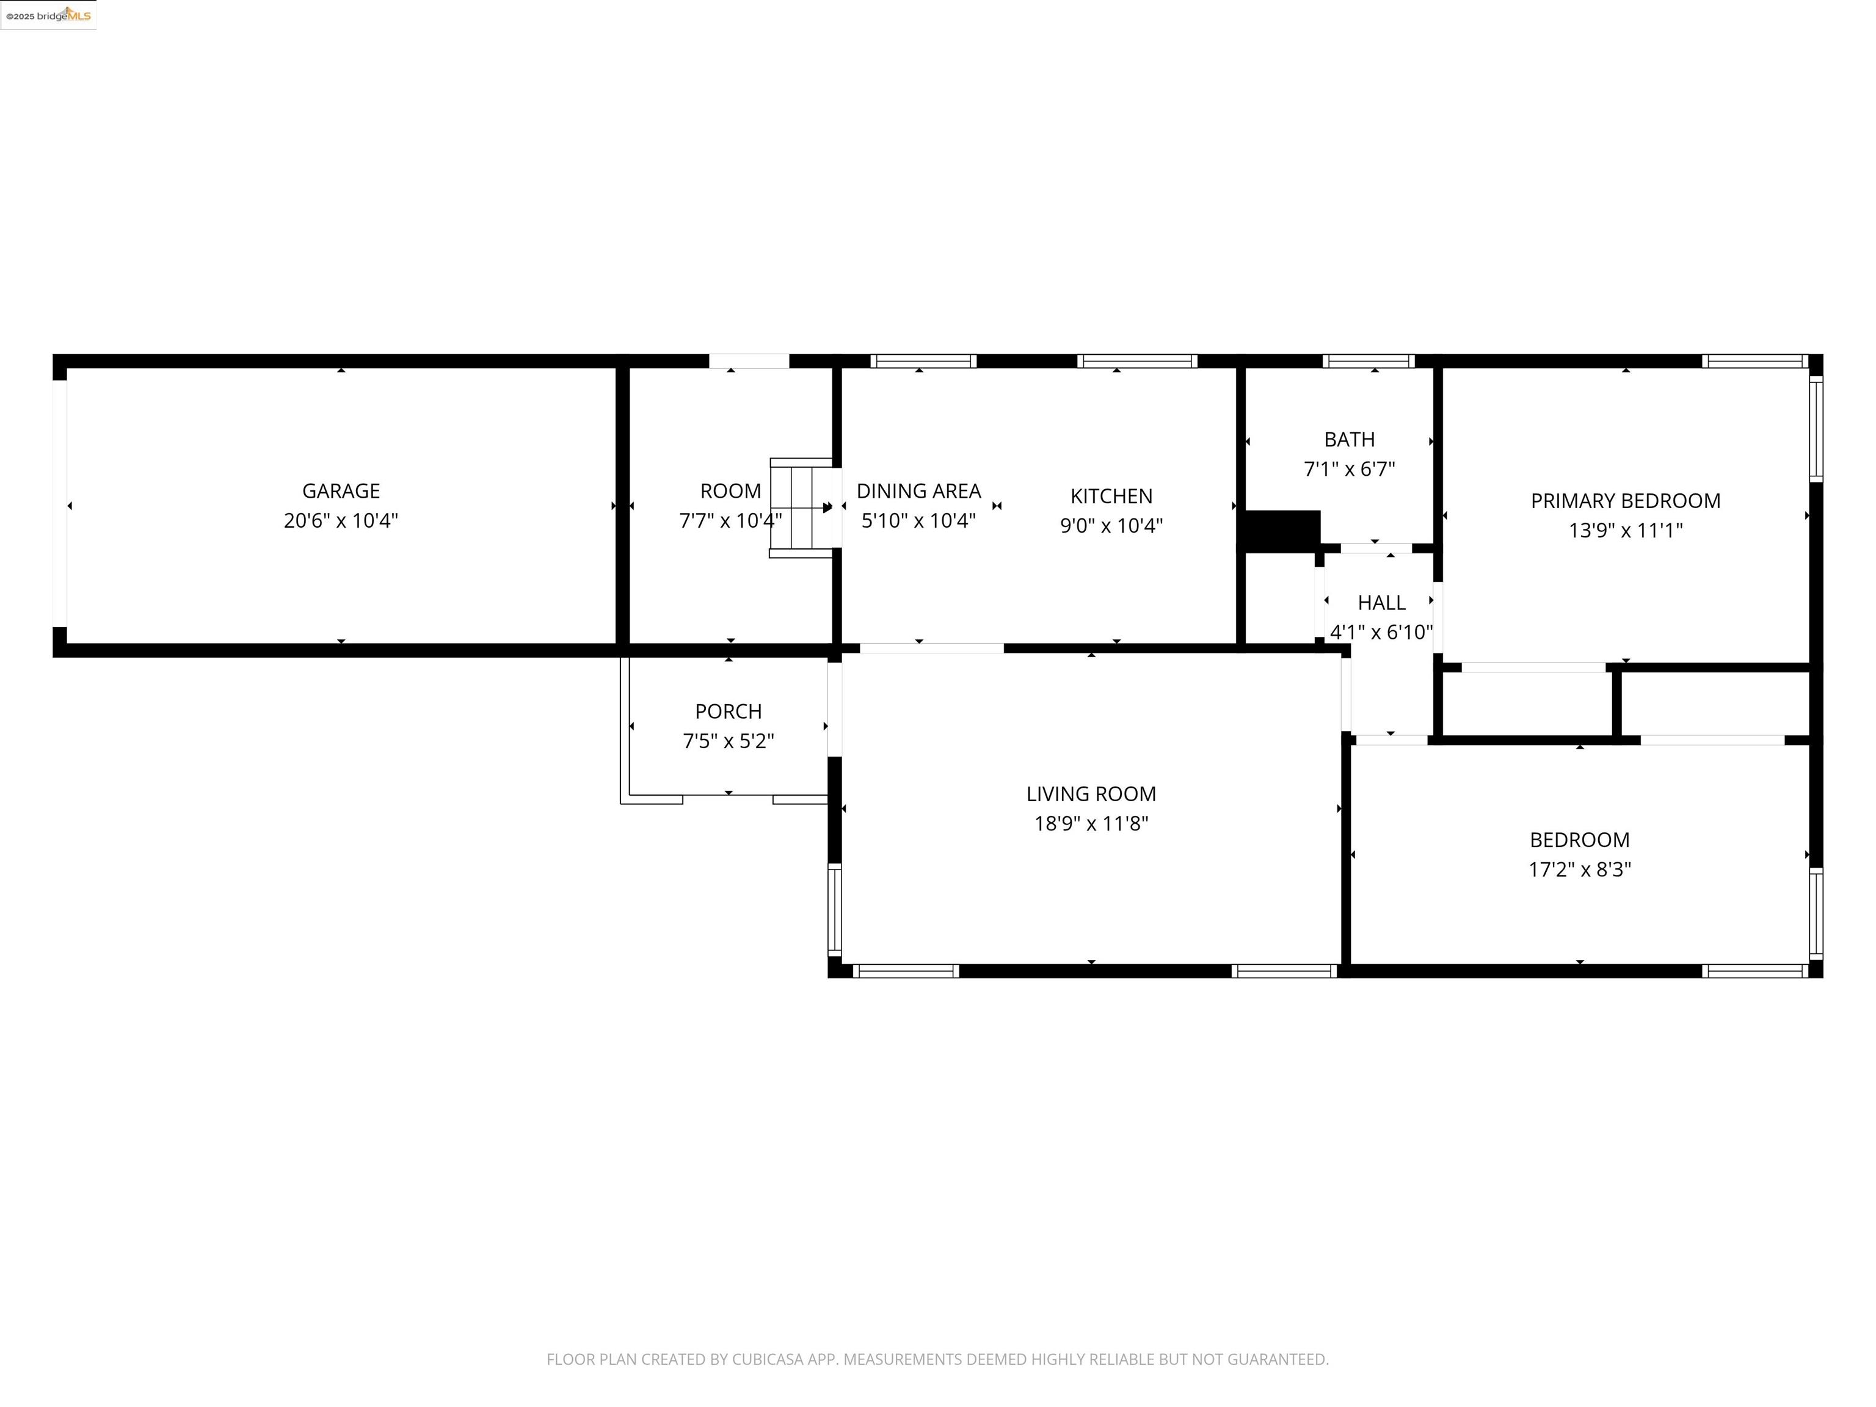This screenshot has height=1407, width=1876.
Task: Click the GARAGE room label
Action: [341, 491]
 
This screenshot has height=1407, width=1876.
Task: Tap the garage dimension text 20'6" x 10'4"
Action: [341, 521]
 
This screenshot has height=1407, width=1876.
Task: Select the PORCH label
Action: [729, 711]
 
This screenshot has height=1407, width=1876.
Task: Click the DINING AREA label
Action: [918, 491]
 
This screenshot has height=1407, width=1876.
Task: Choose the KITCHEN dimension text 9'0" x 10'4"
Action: [1111, 526]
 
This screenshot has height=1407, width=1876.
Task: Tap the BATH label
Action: [1350, 439]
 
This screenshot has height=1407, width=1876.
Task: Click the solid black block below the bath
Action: [1281, 531]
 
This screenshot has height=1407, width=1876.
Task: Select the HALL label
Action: [1381, 603]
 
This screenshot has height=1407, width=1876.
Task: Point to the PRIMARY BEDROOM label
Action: [1625, 501]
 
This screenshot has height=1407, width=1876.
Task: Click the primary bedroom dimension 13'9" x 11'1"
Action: [1625, 531]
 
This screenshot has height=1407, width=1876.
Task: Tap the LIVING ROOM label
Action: [1091, 794]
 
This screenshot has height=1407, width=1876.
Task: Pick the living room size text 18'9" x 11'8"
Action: [1091, 824]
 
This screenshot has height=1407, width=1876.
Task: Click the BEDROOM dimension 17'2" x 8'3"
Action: [1579, 870]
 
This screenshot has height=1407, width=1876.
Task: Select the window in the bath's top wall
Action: [1368, 362]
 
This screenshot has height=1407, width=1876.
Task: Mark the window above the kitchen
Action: [1136, 362]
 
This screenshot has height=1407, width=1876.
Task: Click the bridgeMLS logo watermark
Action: [48, 15]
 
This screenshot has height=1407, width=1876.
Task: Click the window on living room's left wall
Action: [835, 910]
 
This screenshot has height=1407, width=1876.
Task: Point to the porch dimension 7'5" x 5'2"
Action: [729, 741]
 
